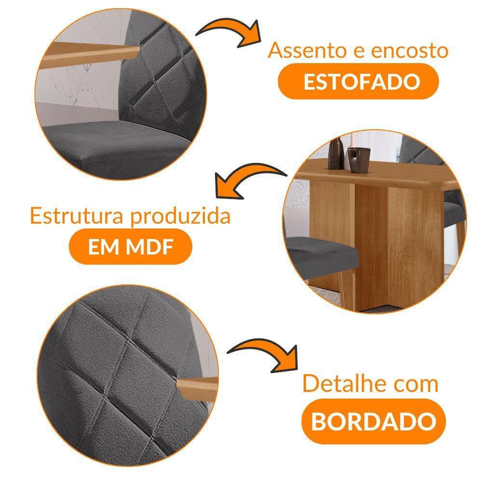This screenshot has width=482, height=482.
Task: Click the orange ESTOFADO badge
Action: (359, 82)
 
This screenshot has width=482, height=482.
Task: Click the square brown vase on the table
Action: (359, 160)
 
